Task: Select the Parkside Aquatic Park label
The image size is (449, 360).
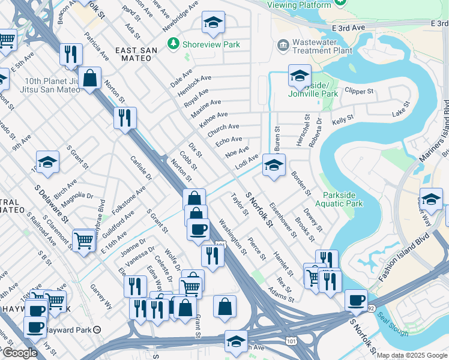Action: click(x=343, y=199)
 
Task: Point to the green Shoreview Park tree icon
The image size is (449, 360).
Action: click(x=173, y=44)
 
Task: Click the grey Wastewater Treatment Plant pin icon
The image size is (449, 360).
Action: click(x=282, y=44)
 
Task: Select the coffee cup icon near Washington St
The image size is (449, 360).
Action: click(x=198, y=229)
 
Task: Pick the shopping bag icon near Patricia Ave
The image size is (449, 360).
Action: click(x=89, y=77)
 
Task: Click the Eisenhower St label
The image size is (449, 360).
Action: click(x=283, y=220)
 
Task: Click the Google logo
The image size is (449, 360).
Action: click(x=19, y=353)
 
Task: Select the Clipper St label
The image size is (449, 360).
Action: click(x=360, y=91)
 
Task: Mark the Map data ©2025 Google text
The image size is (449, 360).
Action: click(x=411, y=355)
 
